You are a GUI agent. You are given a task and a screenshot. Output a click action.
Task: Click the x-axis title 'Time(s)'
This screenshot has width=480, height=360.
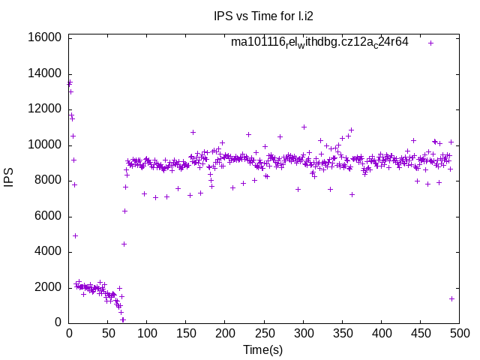(262, 349)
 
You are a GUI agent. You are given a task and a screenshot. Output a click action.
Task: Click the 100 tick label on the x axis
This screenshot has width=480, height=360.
(147, 332)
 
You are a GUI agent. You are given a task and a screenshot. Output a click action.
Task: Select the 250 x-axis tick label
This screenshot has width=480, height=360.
(264, 332)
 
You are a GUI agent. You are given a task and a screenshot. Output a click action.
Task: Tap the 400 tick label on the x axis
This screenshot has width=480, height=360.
(381, 332)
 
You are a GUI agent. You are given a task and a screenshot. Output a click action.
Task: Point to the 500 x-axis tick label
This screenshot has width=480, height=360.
(459, 332)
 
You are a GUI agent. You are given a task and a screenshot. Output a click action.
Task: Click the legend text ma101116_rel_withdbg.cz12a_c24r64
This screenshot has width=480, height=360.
(319, 43)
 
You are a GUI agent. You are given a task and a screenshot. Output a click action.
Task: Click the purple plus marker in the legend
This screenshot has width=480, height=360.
(430, 43)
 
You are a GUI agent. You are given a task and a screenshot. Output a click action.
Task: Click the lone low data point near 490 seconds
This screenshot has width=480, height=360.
(451, 298)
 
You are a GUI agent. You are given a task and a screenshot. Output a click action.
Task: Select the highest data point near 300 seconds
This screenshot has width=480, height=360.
(304, 127)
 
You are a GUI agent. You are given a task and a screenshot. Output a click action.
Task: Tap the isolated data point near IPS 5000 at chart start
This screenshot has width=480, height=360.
(75, 235)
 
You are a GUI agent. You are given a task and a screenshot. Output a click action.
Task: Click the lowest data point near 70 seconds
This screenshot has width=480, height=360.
(123, 319)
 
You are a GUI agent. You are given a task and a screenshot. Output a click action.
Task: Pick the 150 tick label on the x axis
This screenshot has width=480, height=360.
(186, 332)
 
